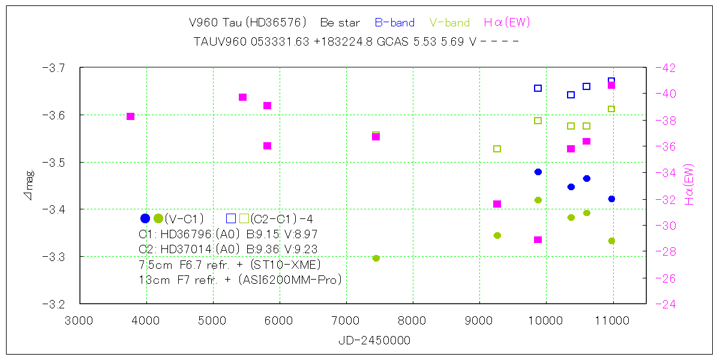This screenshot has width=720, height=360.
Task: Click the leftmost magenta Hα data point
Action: pyautogui.click(x=130, y=116)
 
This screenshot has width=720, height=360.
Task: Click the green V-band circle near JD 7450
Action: pyautogui.click(x=376, y=258)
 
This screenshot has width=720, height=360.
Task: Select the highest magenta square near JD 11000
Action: pyautogui.click(x=611, y=85)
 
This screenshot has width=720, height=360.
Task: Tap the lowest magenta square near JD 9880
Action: pyautogui.click(x=538, y=239)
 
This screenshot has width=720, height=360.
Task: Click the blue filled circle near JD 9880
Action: pyautogui.click(x=538, y=172)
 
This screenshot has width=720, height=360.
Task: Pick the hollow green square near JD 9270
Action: pyautogui.click(x=497, y=149)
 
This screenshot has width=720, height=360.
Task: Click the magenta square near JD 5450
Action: pyautogui.click(x=243, y=97)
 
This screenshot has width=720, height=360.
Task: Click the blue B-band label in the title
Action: pyautogui.click(x=394, y=23)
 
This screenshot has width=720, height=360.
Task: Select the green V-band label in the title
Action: pyautogui.click(x=449, y=23)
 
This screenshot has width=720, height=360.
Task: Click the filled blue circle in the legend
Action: pyautogui.click(x=145, y=218)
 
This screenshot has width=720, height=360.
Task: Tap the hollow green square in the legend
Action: pyautogui.click(x=244, y=218)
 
